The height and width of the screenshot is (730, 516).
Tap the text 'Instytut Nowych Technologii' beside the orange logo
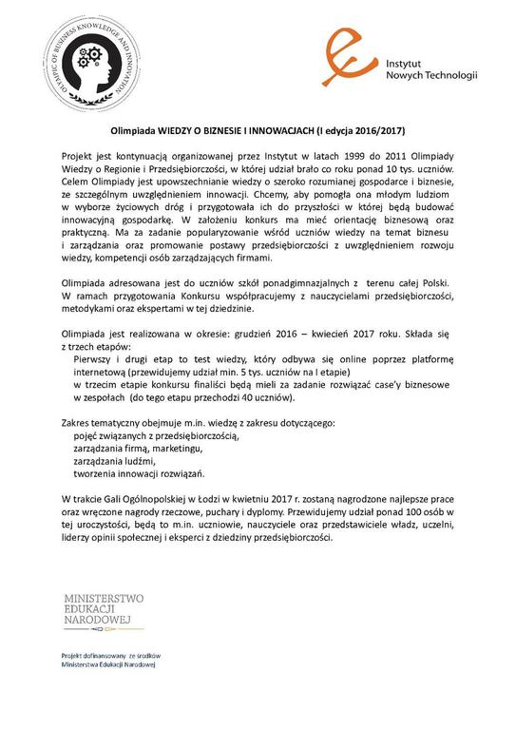tap(427, 68)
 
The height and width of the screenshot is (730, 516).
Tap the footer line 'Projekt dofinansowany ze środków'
tap(110, 657)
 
